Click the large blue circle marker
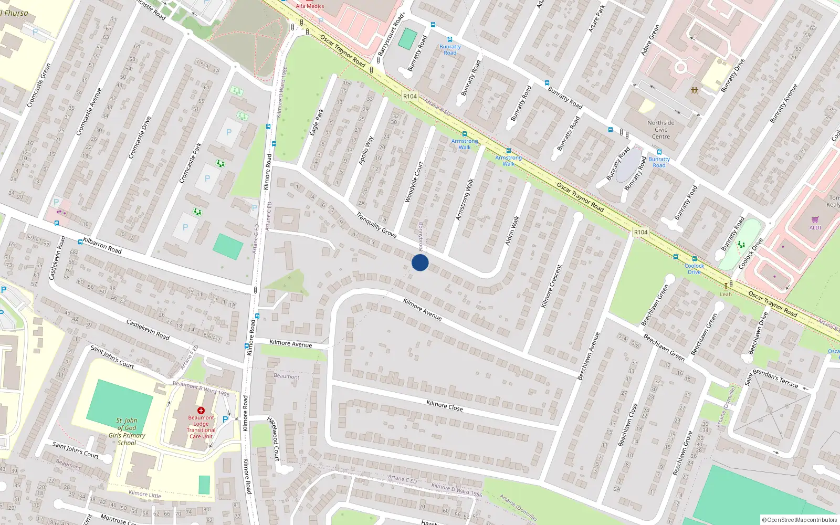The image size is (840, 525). point(420,262)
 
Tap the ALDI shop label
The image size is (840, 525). point(815,227)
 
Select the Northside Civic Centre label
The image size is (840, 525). point(661,130)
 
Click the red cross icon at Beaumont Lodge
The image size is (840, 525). point(201,411)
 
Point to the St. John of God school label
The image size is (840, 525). point(127,432)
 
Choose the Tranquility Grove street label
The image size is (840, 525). point(376,225)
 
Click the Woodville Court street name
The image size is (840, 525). point(414,182)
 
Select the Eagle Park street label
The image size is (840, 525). point(317,122)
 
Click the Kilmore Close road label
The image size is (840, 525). point(445,405)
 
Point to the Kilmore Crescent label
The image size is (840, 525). point(551,286)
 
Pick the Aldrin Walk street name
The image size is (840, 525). point(512,230)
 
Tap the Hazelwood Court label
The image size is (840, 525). point(273,438)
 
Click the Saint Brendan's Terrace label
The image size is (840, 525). point(772,378)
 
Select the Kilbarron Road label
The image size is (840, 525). point(102,245)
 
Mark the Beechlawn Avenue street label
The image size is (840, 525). point(588,356)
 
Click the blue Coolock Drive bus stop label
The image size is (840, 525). point(694,269)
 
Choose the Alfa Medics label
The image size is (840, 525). point(310,6)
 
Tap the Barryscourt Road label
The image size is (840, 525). point(391,35)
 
